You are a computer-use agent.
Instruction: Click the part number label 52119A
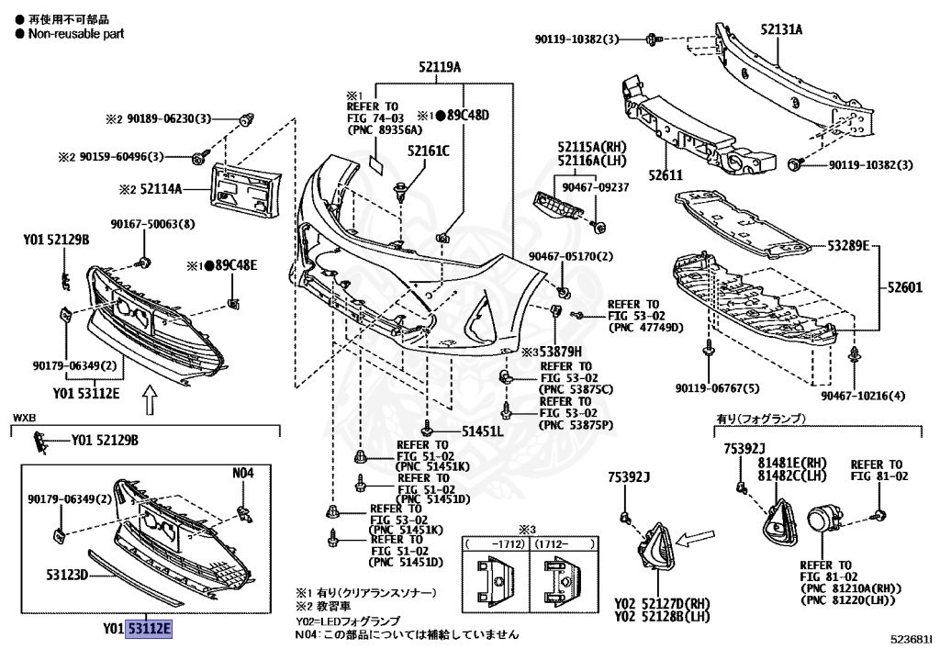pos(440,68)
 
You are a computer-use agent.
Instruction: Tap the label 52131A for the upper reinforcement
pos(781,29)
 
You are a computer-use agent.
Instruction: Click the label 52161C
pos(429,151)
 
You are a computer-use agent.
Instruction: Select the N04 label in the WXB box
pos(242,473)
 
